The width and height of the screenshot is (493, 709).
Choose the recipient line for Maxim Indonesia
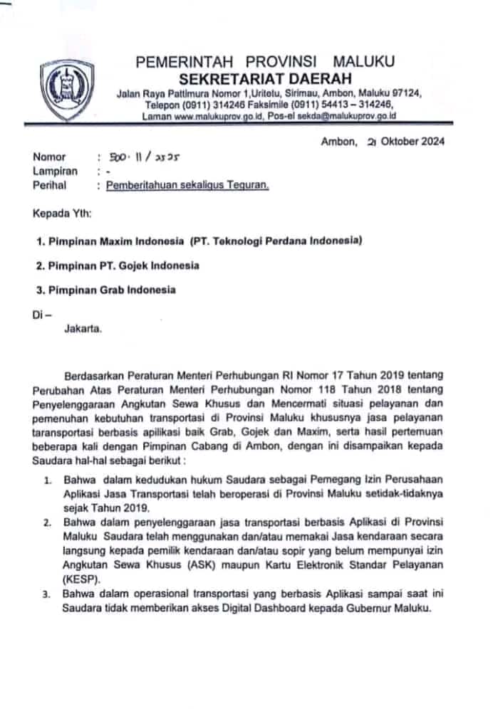pos(199,241)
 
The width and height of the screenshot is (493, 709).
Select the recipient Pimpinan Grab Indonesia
pos(106,290)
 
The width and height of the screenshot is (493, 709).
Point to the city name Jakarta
pos(83,329)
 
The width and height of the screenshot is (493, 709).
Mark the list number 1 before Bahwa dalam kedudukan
pos(46,482)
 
